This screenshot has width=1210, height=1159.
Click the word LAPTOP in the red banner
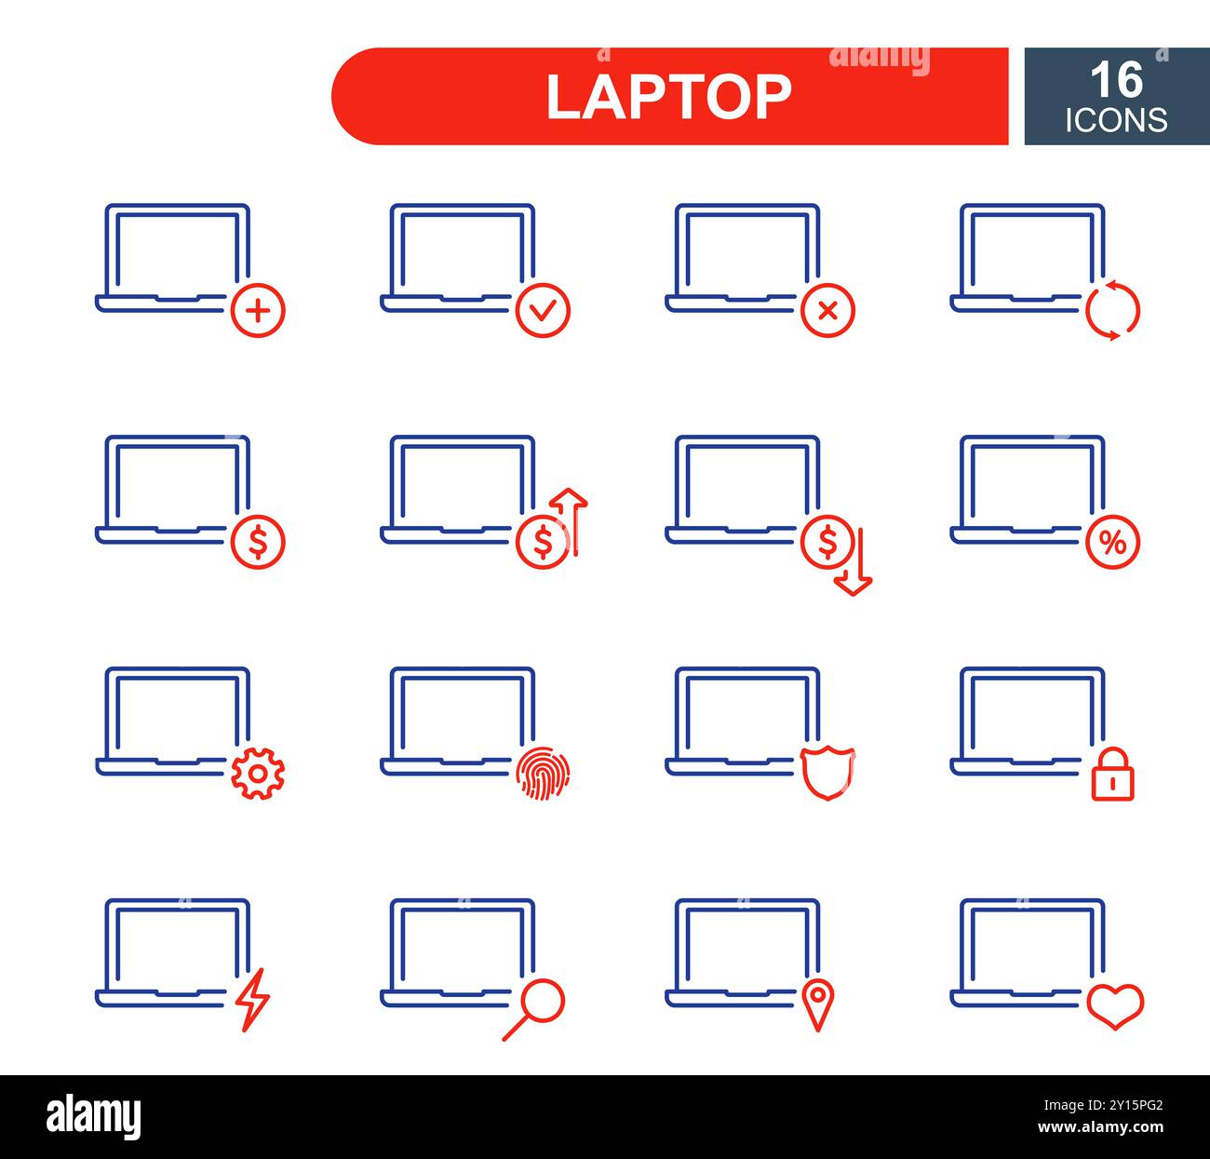coord(668,96)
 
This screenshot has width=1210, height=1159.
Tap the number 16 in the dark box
coord(1116,80)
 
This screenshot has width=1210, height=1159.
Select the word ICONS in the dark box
coord(1116,120)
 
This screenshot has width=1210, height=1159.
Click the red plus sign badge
coord(258,310)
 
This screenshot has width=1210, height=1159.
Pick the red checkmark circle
coord(543,310)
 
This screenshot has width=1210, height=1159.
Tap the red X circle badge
coord(827,310)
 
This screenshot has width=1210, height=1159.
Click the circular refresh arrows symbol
coord(1112,310)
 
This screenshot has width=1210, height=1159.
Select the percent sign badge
coord(1112,542)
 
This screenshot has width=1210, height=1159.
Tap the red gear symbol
coord(258,774)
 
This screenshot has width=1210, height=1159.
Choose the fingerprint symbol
coord(543,774)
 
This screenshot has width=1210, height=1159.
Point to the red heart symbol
coord(1115,1005)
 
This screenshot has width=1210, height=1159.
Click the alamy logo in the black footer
coord(94,1116)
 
